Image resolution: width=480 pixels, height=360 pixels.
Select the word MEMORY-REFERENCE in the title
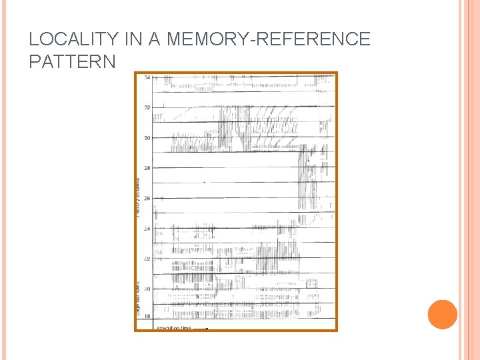(x=268, y=39)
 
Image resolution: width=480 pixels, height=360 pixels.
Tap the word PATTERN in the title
(x=72, y=61)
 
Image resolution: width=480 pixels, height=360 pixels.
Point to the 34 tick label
(x=146, y=77)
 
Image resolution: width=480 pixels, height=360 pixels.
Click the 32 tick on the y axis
(x=146, y=107)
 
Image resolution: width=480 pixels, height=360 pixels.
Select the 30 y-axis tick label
(x=146, y=138)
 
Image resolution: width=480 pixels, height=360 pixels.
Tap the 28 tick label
(x=146, y=168)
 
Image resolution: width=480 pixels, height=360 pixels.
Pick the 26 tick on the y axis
(x=146, y=199)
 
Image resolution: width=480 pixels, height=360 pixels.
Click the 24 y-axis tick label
(x=146, y=229)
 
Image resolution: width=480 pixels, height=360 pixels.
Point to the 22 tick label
(x=146, y=259)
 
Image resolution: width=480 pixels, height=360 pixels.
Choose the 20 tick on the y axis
(x=146, y=289)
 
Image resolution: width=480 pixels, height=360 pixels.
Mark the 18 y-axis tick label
(x=146, y=316)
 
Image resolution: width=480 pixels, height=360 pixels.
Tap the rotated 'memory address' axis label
(x=138, y=197)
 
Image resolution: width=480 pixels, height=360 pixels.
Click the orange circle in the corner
(x=443, y=315)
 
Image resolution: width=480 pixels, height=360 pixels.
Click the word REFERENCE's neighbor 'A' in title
(x=155, y=39)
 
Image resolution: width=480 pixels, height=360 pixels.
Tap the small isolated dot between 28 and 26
(x=205, y=181)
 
